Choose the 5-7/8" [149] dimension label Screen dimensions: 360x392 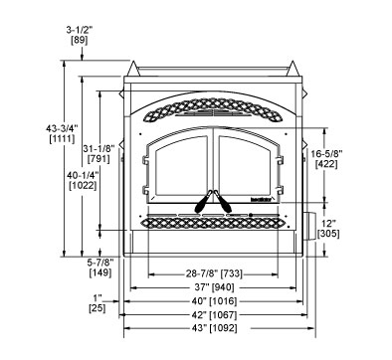[99, 268]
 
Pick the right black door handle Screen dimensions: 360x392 [221, 201]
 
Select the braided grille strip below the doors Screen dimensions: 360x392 [211, 224]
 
